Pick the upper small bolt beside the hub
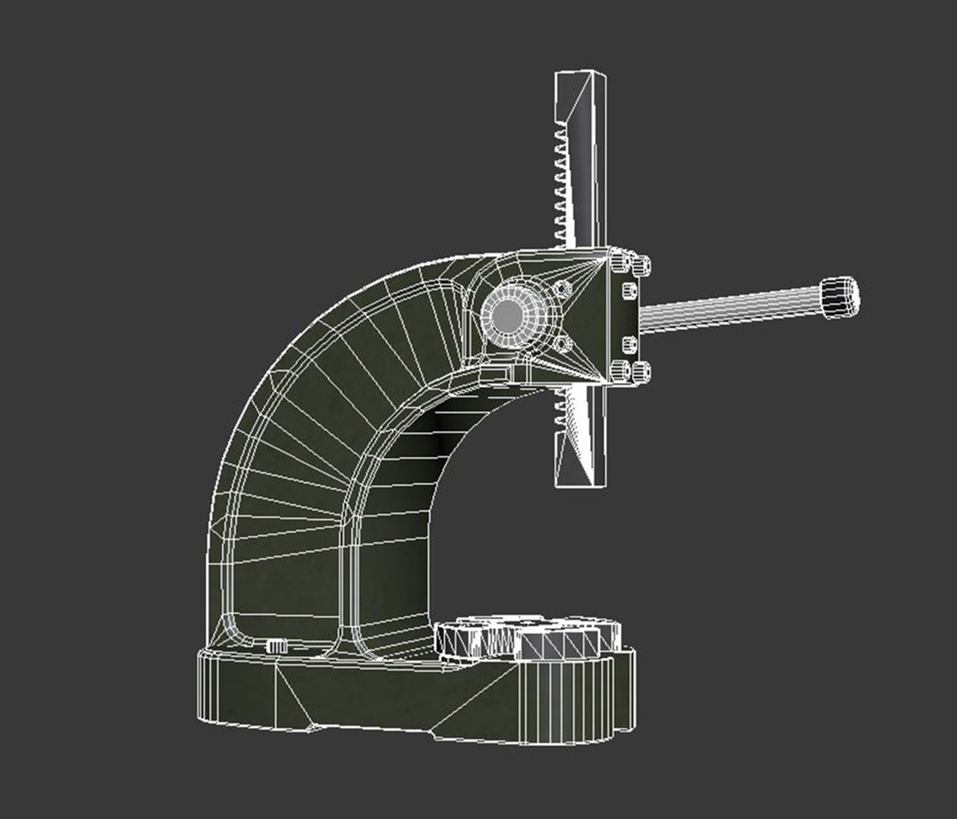point(562,289)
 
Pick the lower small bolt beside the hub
point(562,344)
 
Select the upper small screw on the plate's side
point(629,290)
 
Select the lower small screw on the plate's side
point(629,344)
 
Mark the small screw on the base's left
point(276,645)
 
